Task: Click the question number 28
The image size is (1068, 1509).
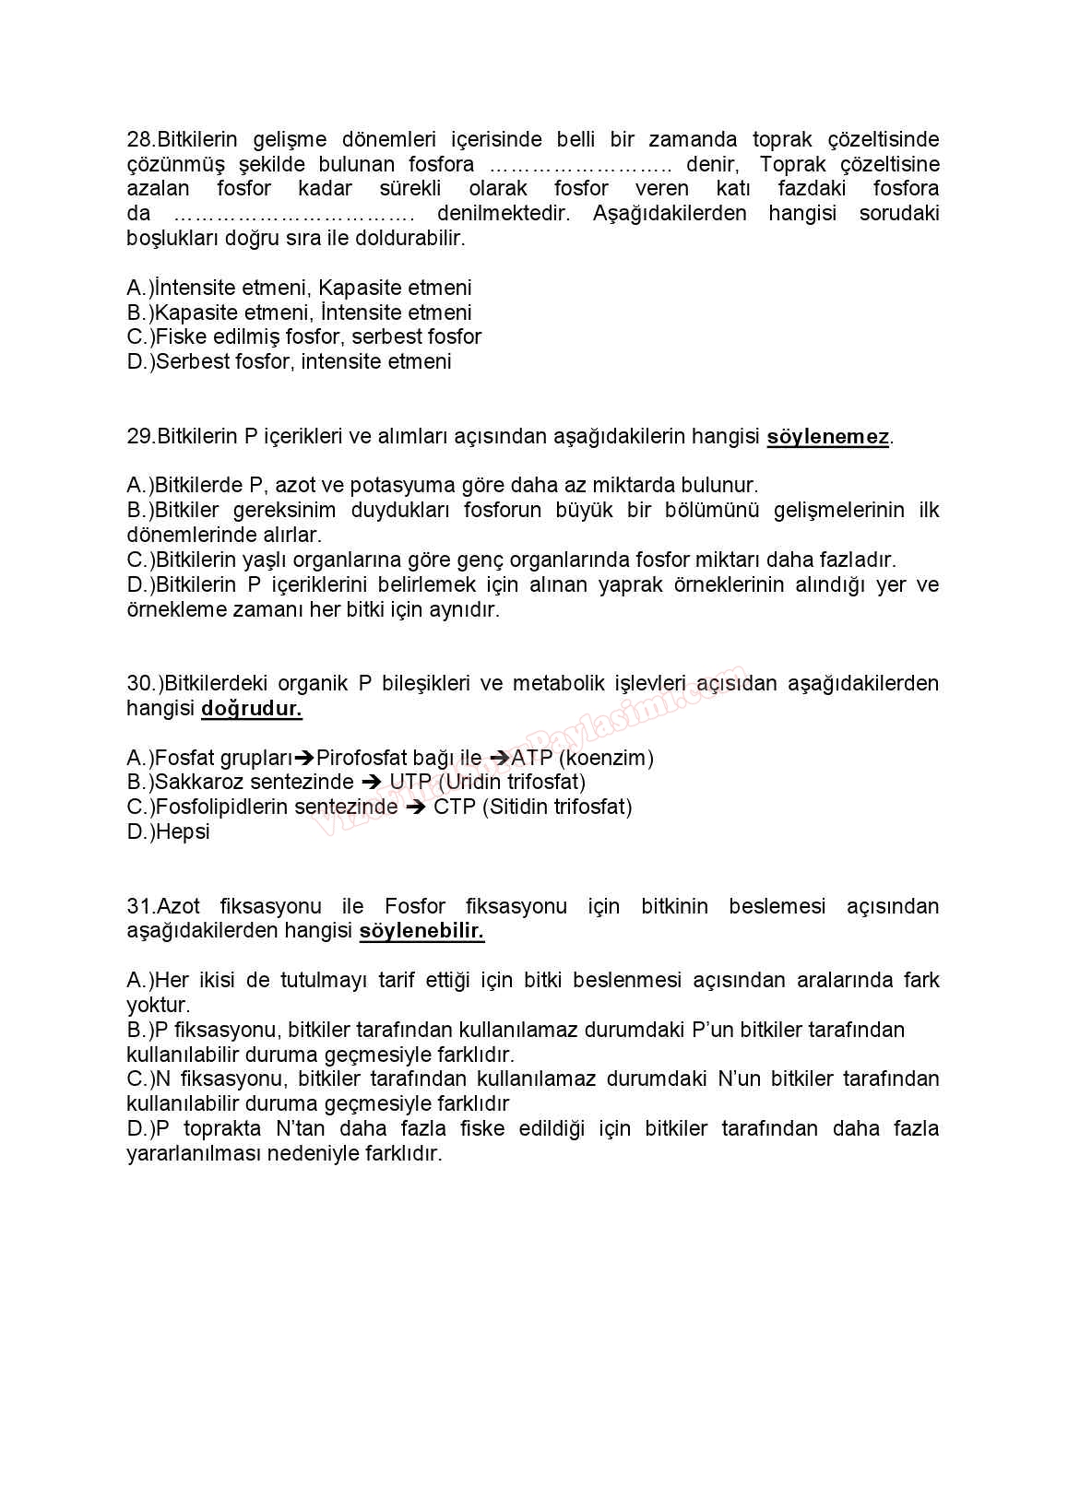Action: tap(140, 140)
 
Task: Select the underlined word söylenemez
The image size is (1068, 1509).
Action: tap(827, 437)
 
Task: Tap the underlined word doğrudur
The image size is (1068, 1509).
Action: tap(251, 709)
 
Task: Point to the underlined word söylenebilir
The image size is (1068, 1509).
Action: tap(421, 931)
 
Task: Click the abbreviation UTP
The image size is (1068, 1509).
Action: tap(409, 783)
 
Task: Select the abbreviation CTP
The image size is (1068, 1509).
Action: tap(454, 808)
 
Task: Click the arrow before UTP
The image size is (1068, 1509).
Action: tap(371, 783)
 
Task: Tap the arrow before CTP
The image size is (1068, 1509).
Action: tap(415, 808)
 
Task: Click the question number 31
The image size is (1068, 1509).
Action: tap(140, 907)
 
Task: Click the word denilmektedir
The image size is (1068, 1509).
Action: tap(504, 214)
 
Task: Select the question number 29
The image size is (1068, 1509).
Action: tap(140, 437)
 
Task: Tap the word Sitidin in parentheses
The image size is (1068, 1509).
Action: tap(520, 808)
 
